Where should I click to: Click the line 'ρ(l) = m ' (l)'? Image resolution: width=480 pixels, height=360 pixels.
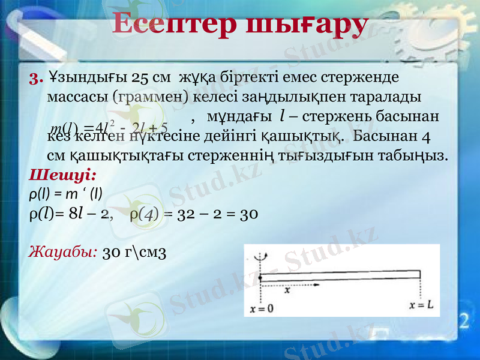click(65, 193)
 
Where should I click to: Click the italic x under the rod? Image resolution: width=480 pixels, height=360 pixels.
click(287, 290)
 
